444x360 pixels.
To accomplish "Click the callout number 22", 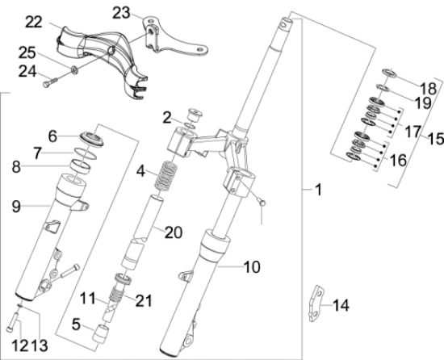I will tap(31, 20).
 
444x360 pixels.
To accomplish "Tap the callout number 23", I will tap(120, 12).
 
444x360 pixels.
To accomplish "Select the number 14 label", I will tap(341, 305).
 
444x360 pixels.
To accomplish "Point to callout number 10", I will tap(251, 265).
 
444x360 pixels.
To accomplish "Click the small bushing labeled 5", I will tap(104, 332).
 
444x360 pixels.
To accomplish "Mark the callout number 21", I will tap(144, 300).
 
